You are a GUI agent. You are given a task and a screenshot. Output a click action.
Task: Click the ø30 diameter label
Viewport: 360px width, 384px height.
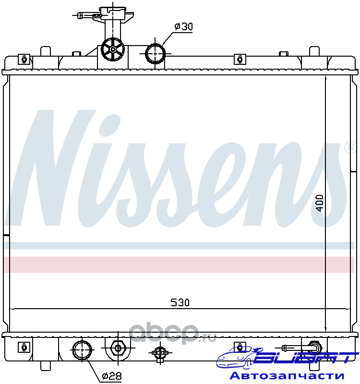pyautogui.click(x=184, y=26)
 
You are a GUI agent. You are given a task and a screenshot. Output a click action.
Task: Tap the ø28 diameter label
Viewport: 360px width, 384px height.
pyautogui.click(x=112, y=375)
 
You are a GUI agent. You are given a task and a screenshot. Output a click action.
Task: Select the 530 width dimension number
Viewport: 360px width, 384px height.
pyautogui.click(x=180, y=303)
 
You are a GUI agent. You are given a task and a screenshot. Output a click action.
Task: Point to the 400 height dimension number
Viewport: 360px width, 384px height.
pyautogui.click(x=320, y=203)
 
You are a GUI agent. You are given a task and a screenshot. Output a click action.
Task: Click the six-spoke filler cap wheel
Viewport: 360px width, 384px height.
pyautogui.click(x=113, y=49)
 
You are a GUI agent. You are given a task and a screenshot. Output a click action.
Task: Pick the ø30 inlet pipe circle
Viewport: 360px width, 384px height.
pyautogui.click(x=155, y=54)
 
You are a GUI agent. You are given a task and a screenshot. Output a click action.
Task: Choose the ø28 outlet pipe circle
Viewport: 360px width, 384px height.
pyautogui.click(x=82, y=350)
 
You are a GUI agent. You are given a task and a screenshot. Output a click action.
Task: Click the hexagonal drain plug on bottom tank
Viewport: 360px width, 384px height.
pyautogui.click(x=118, y=348)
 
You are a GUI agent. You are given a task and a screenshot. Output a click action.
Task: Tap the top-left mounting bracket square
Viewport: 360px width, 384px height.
pyautogui.click(x=24, y=59)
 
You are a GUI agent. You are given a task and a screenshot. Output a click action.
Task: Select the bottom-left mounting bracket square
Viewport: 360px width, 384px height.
pyautogui.click(x=24, y=347)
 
